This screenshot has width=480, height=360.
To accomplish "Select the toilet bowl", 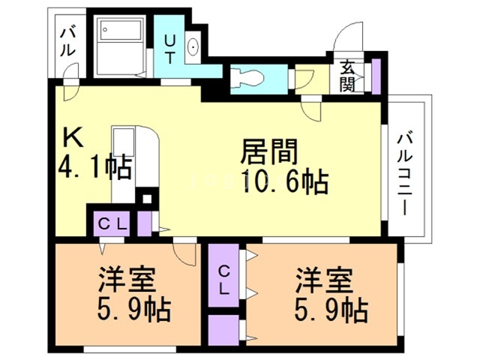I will point(244,77).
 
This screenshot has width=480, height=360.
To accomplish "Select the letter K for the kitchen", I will point(73,136).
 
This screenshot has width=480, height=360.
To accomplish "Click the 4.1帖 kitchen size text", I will point(95,165).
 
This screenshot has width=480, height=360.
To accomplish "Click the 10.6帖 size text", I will point(283,181).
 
